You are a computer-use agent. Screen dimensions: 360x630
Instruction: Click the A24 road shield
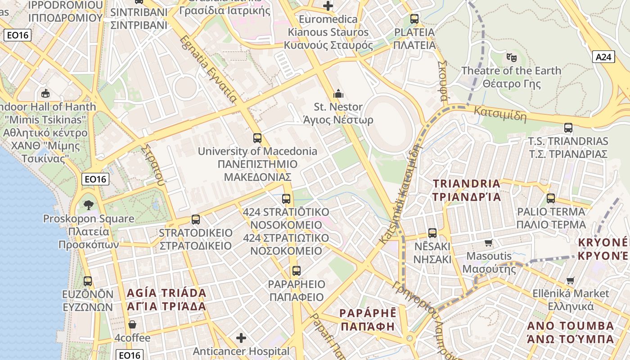pyautogui.click(x=603, y=57)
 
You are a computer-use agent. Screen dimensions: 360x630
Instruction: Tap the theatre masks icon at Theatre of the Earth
pyautogui.click(x=511, y=57)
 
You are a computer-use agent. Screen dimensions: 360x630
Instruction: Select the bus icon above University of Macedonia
pyautogui.click(x=257, y=138)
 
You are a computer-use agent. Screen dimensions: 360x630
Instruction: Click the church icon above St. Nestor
pyautogui.click(x=338, y=94)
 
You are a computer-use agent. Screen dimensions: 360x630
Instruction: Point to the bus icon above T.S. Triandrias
pyautogui.click(x=568, y=128)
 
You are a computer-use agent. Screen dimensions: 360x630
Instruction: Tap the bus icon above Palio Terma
pyautogui.click(x=551, y=198)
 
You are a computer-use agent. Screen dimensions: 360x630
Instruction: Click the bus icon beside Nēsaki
pyautogui.click(x=432, y=233)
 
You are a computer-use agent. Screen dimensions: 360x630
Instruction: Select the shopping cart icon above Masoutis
pyautogui.click(x=489, y=243)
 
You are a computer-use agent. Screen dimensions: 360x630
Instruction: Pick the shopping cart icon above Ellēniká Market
pyautogui.click(x=571, y=280)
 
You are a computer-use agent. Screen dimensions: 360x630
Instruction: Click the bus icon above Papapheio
pyautogui.click(x=296, y=271)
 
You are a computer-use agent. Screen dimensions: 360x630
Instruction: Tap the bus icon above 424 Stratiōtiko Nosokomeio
pyautogui.click(x=286, y=198)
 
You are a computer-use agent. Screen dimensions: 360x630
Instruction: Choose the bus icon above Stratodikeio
pyautogui.click(x=196, y=220)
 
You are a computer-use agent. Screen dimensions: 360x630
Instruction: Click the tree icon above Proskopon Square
pyautogui.click(x=89, y=205)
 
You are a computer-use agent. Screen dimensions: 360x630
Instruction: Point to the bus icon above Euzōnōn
pyautogui.click(x=88, y=281)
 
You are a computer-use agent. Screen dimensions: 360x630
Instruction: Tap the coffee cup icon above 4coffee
pyautogui.click(x=132, y=324)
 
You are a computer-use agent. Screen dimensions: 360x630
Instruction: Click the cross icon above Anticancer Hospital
pyautogui.click(x=241, y=337)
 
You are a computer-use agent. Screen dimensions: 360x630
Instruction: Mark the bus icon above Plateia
pyautogui.click(x=414, y=19)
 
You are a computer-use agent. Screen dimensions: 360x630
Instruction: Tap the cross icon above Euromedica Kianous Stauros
pyautogui.click(x=328, y=6)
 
